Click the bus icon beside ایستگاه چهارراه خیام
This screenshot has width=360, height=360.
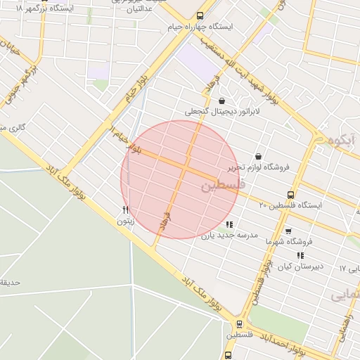[x=200, y=15]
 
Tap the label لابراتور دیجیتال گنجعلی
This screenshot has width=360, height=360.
[x=222, y=111]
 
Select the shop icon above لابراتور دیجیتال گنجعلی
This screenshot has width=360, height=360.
[x=222, y=101]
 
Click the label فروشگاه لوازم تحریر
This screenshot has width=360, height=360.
[x=258, y=167]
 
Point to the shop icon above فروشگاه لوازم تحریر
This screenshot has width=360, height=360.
[x=258, y=156]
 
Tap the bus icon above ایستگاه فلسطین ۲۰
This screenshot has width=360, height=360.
[x=290, y=195]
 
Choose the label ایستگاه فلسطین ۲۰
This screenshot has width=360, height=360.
[x=290, y=205]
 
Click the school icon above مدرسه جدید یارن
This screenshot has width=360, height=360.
[x=229, y=224]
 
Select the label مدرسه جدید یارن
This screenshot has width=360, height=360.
[x=230, y=236]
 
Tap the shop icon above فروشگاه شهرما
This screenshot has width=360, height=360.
[x=288, y=231]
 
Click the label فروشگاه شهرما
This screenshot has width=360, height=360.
[x=288, y=241]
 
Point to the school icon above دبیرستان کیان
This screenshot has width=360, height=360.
[x=301, y=255]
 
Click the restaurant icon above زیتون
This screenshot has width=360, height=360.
[x=126, y=210]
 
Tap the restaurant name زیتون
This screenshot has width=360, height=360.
[x=125, y=221]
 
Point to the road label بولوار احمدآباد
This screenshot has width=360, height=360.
[x=281, y=342]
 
